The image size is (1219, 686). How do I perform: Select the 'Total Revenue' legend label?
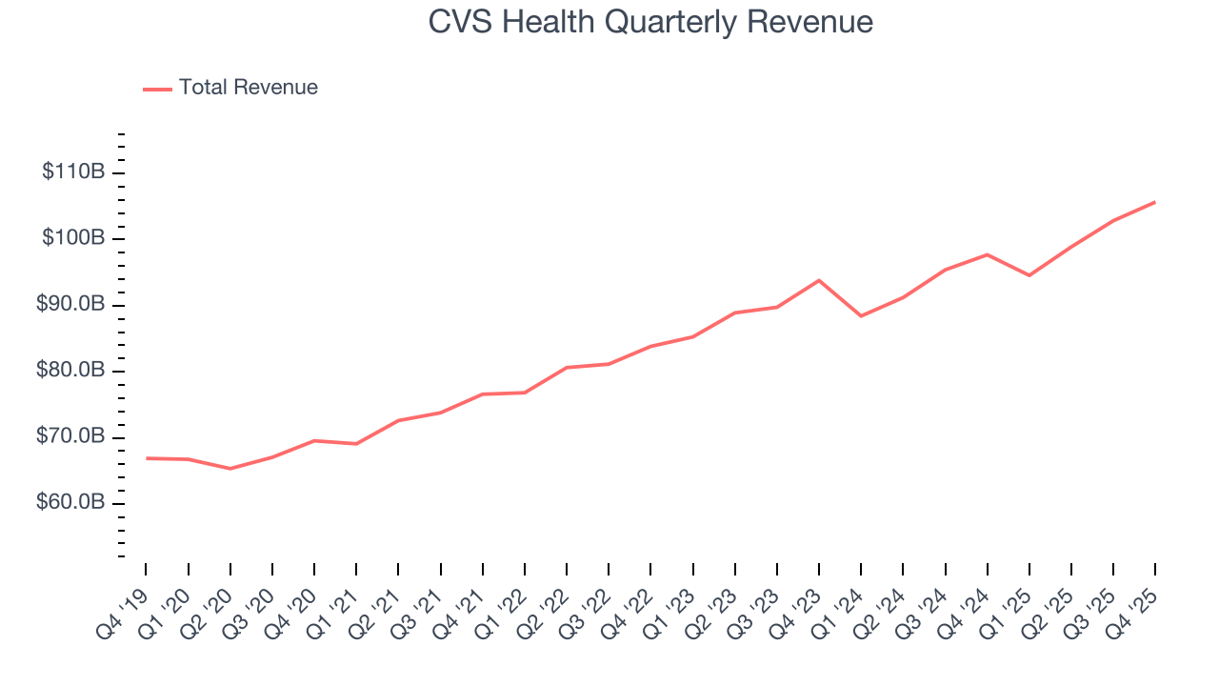(x=248, y=88)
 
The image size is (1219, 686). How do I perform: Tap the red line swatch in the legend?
(x=157, y=89)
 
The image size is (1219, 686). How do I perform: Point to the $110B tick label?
(x=73, y=172)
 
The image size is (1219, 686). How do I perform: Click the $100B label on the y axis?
(x=73, y=238)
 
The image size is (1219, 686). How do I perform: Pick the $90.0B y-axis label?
(x=71, y=305)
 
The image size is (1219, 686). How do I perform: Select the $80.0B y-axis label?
(x=71, y=371)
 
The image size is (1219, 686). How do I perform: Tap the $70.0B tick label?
(x=71, y=437)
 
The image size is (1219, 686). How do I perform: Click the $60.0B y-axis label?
(x=71, y=503)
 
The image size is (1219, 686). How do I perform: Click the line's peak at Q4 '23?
(x=819, y=280)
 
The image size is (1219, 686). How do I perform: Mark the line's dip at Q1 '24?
(x=861, y=316)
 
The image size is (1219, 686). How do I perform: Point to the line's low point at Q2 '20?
(x=230, y=469)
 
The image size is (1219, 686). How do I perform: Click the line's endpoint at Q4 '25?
(x=1155, y=202)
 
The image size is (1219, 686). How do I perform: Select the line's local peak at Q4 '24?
(x=987, y=254)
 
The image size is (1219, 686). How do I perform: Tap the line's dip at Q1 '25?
(x=1029, y=275)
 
